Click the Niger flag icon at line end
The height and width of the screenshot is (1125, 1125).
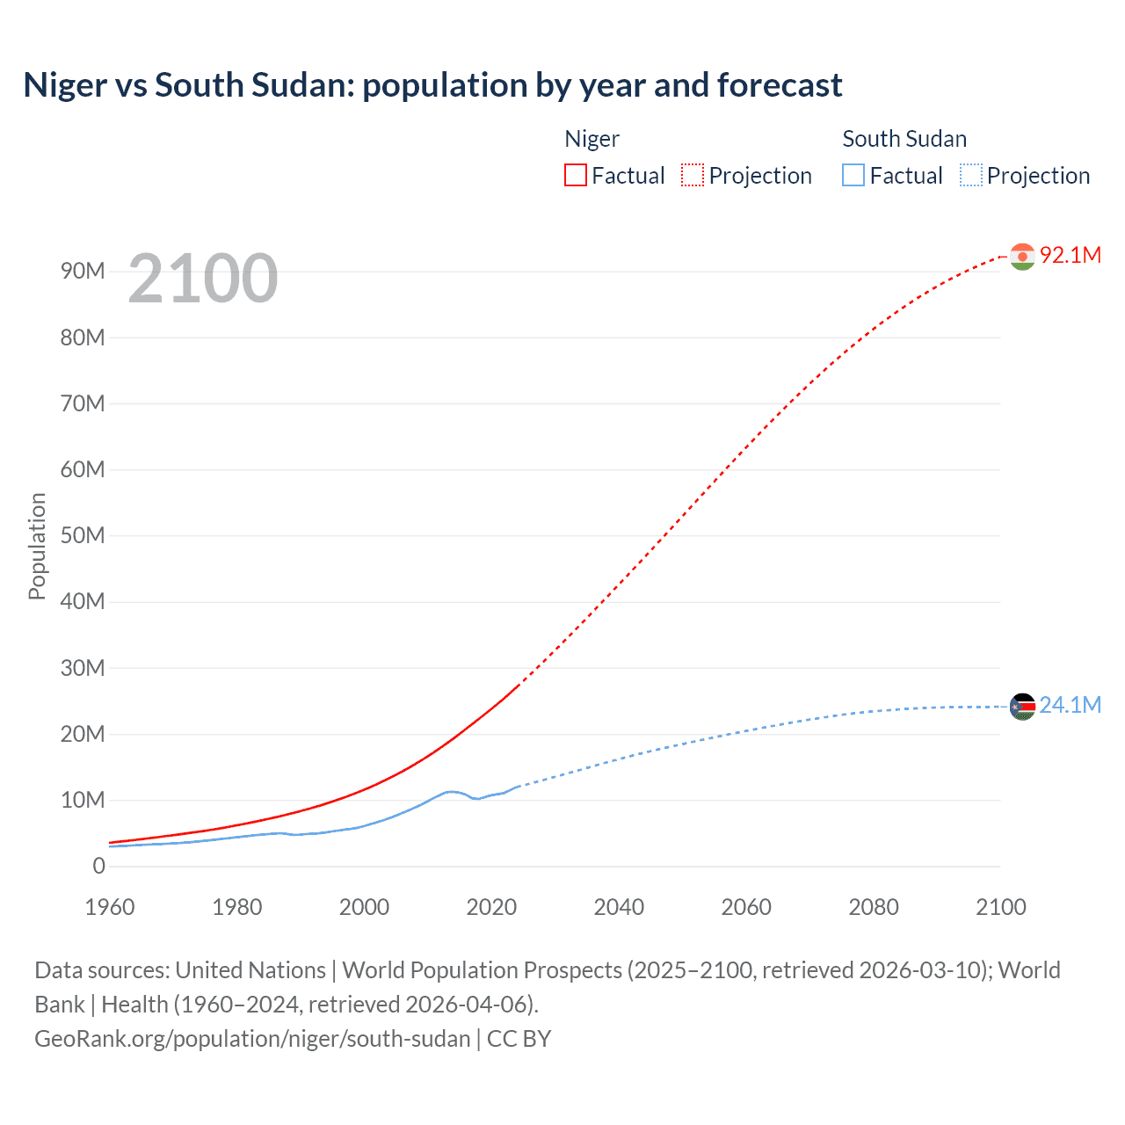pyautogui.click(x=1022, y=257)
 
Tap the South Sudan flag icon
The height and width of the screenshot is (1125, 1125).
pyautogui.click(x=1022, y=707)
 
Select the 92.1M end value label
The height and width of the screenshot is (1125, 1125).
pyautogui.click(x=1071, y=256)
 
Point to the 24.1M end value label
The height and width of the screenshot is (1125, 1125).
pyautogui.click(x=1071, y=706)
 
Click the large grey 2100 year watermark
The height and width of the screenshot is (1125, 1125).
pyautogui.click(x=203, y=279)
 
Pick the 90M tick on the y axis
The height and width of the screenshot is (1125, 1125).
pyautogui.click(x=83, y=272)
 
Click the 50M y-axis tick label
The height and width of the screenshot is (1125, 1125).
pyautogui.click(x=83, y=536)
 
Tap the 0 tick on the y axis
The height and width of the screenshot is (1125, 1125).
pyautogui.click(x=98, y=867)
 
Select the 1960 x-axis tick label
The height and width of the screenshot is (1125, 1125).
pyautogui.click(x=110, y=908)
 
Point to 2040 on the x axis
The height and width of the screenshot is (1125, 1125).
pyautogui.click(x=619, y=908)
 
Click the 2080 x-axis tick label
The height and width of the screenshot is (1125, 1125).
pyautogui.click(x=874, y=908)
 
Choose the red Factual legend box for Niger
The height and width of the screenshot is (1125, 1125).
pyautogui.click(x=576, y=176)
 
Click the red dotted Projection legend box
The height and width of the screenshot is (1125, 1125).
pyautogui.click(x=693, y=176)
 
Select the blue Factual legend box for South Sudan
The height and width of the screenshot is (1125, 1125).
pyautogui.click(x=853, y=176)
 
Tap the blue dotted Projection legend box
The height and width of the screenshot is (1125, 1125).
pyautogui.click(x=971, y=176)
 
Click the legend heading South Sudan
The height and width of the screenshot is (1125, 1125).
pyautogui.click(x=904, y=139)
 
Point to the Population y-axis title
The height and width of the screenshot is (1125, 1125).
pyautogui.click(x=37, y=546)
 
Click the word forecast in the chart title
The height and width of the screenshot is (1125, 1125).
pyautogui.click(x=780, y=85)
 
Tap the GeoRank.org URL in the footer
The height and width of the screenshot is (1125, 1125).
pyautogui.click(x=252, y=1039)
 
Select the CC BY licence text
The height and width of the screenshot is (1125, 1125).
pyautogui.click(x=519, y=1039)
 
